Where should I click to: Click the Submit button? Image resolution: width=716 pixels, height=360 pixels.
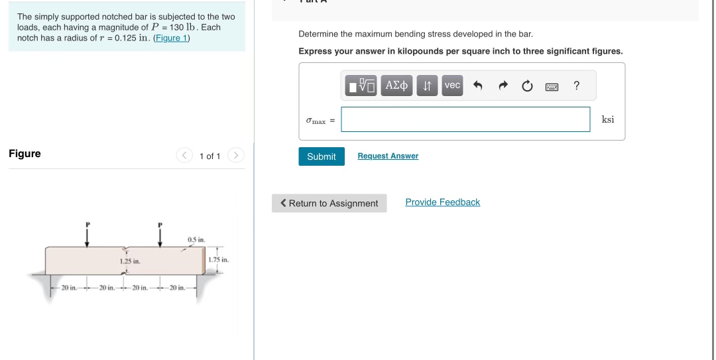(322, 156)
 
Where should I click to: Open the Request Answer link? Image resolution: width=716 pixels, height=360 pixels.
(388, 156)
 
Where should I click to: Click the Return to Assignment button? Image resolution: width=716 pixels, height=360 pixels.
(329, 203)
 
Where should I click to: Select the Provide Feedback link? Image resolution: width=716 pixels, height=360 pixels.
(442, 202)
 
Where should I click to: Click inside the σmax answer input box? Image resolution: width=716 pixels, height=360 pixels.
(465, 119)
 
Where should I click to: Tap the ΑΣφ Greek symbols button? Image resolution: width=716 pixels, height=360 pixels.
(396, 86)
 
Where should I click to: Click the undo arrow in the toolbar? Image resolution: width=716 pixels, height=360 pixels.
(477, 86)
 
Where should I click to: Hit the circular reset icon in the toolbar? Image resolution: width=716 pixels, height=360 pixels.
(527, 86)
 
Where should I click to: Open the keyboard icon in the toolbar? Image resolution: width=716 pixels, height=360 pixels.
(552, 86)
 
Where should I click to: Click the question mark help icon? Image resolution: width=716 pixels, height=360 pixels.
(576, 86)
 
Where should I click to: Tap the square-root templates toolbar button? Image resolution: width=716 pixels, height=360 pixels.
(361, 86)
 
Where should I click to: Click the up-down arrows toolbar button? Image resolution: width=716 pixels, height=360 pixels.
(428, 86)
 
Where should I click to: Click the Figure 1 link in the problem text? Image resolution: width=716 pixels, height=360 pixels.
(172, 38)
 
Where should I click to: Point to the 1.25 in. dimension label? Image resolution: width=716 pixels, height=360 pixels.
(129, 262)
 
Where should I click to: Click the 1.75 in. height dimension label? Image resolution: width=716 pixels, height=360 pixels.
(218, 260)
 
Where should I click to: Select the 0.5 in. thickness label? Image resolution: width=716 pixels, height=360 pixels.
(196, 239)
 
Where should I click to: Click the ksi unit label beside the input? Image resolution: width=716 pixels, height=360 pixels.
(608, 119)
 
